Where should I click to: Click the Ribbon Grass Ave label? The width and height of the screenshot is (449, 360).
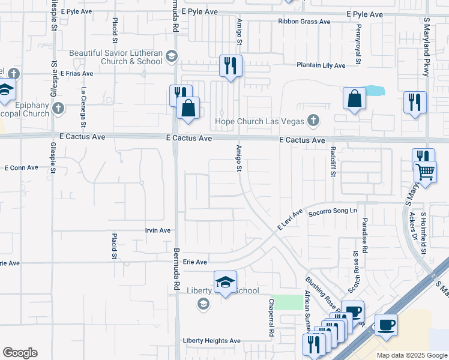click(x=304, y=22)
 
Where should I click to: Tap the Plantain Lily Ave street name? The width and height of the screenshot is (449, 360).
click(x=321, y=65)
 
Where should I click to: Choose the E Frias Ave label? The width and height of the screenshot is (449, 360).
click(x=75, y=74)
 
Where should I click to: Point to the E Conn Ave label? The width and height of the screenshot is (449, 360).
click(x=22, y=168)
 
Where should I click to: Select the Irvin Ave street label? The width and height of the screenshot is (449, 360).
click(x=158, y=230)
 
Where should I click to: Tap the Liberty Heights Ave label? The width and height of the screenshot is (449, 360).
click(x=211, y=341)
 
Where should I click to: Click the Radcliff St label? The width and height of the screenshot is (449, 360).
click(x=332, y=162)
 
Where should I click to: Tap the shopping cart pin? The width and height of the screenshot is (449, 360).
click(x=426, y=172)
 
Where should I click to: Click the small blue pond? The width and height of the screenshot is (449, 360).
click(x=375, y=91)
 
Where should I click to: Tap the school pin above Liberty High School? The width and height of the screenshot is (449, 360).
click(x=225, y=282)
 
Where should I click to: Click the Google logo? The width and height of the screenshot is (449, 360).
click(x=20, y=353)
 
